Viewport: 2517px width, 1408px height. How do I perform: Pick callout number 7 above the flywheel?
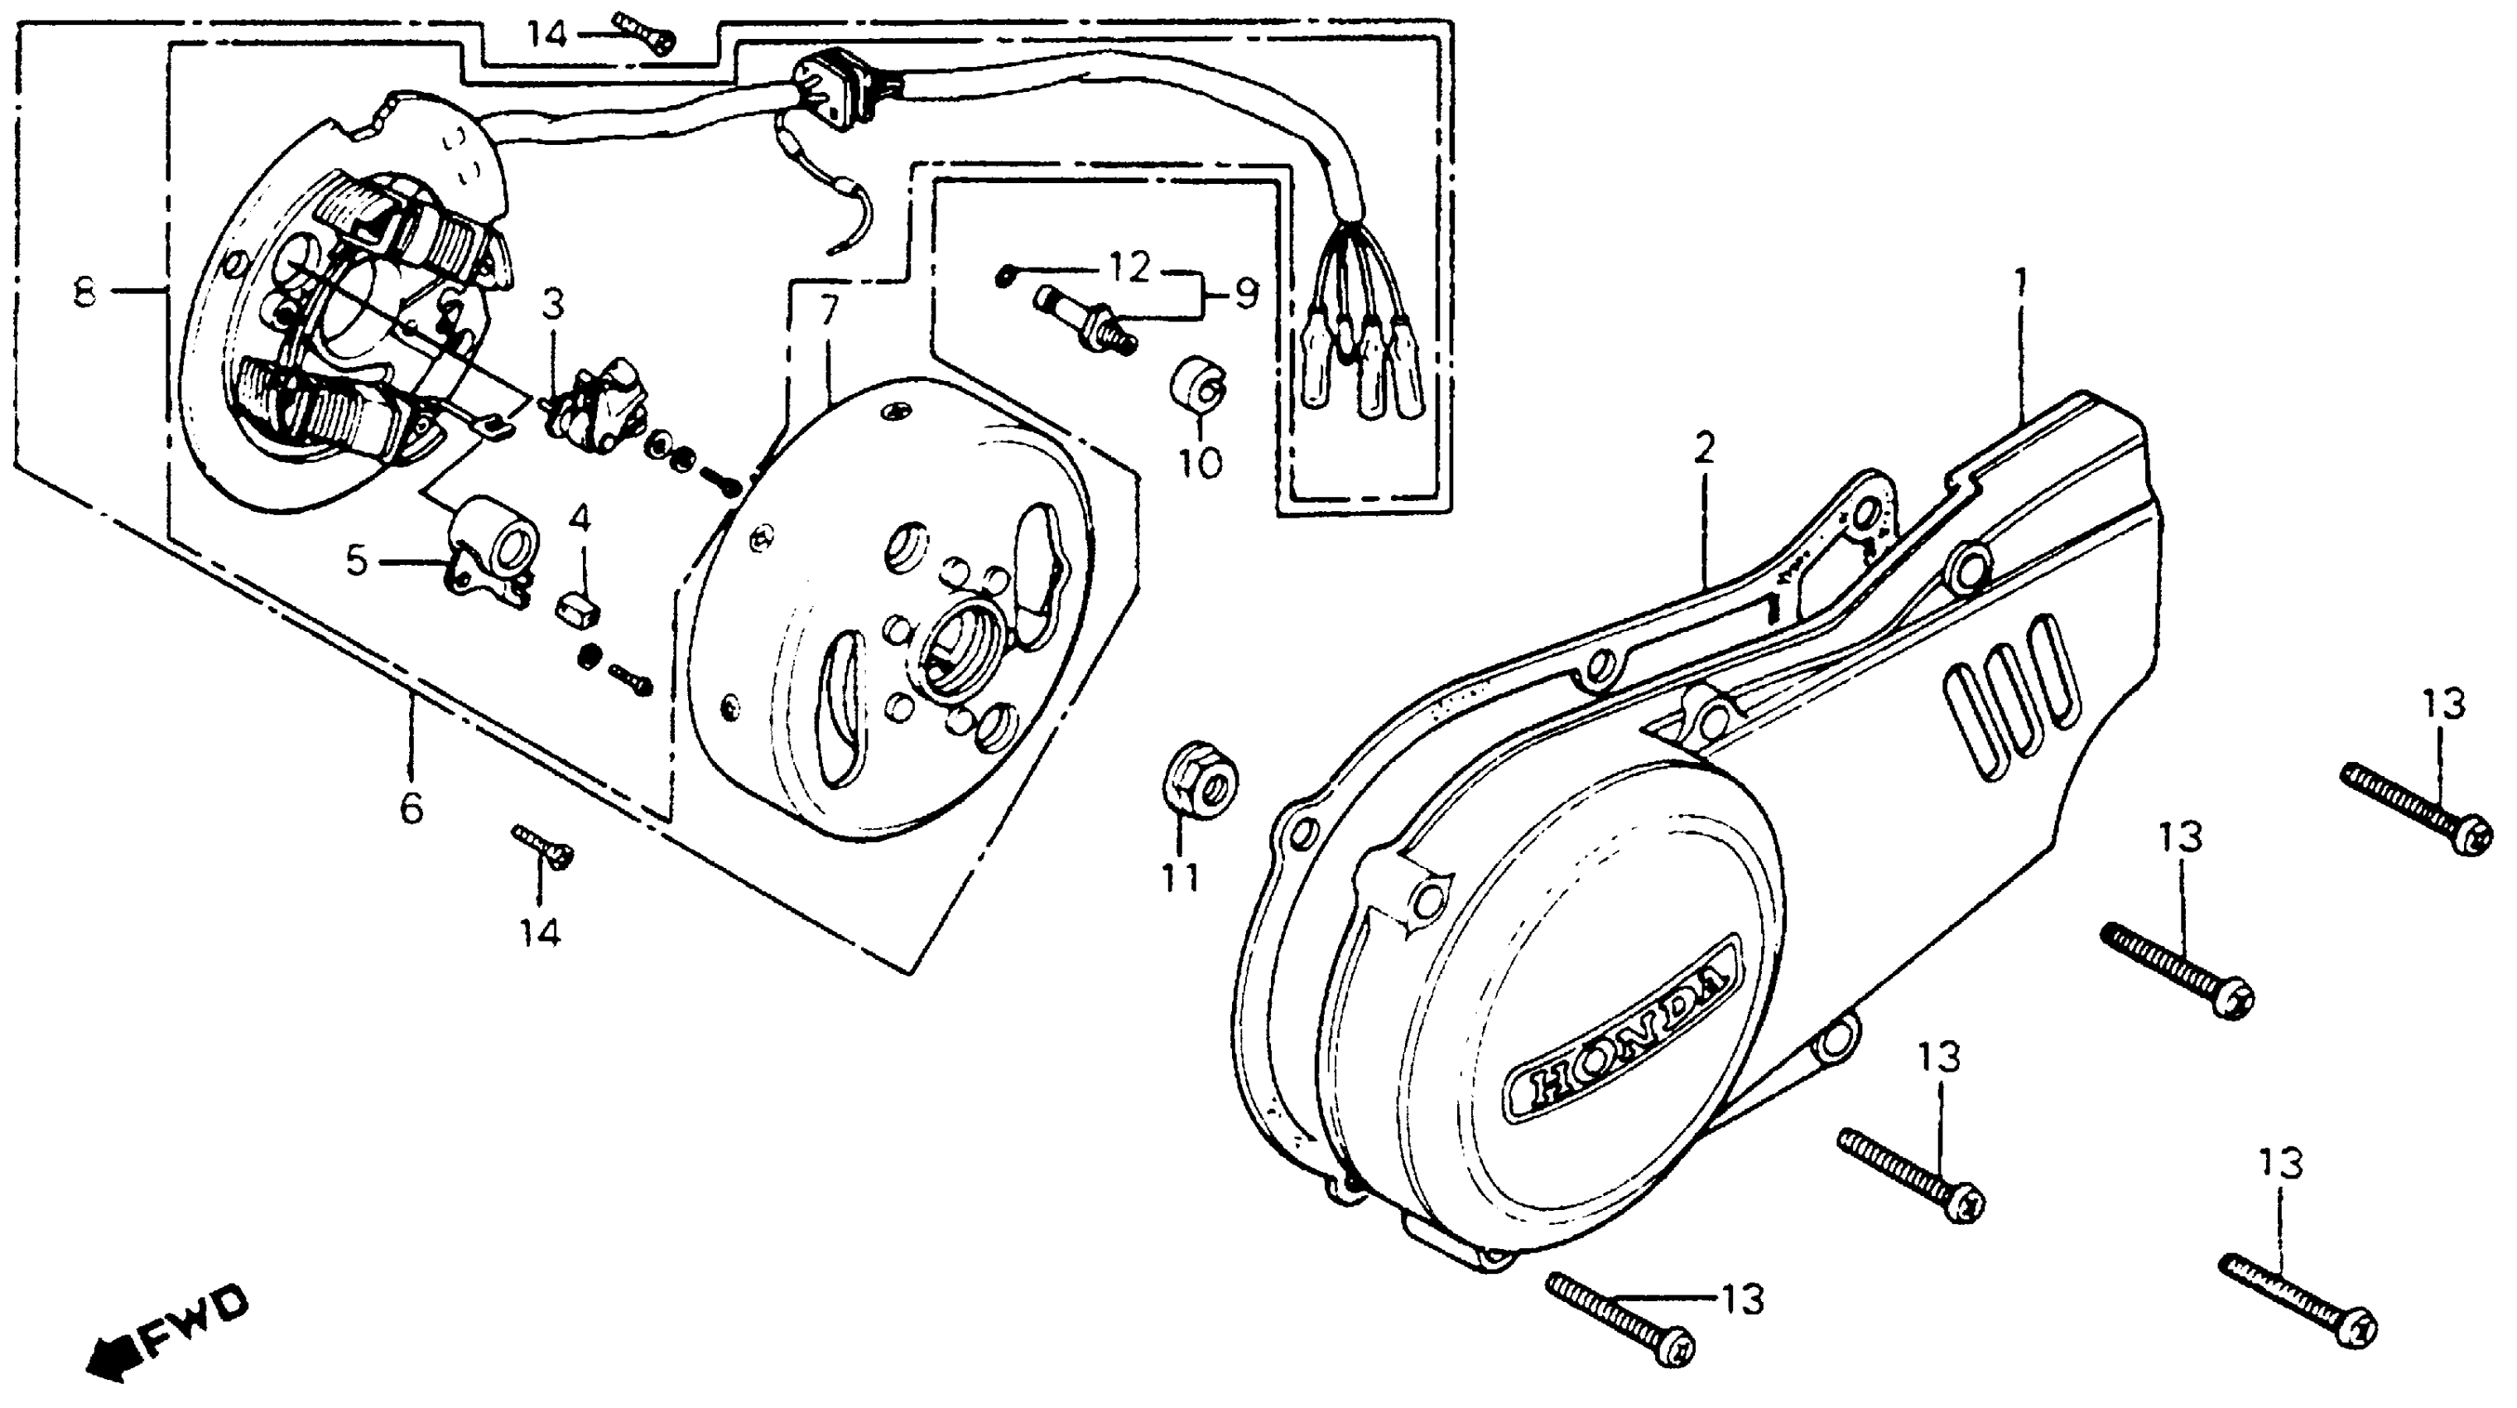[x=828, y=311]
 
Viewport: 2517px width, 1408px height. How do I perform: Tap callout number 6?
[x=411, y=808]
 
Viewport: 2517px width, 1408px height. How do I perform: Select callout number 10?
[x=1200, y=461]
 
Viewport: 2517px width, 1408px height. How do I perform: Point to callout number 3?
[x=553, y=305]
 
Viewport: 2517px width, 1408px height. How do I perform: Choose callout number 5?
[x=357, y=561]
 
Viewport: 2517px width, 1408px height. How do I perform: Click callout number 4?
[x=580, y=518]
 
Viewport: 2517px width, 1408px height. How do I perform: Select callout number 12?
[x=1129, y=267]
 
